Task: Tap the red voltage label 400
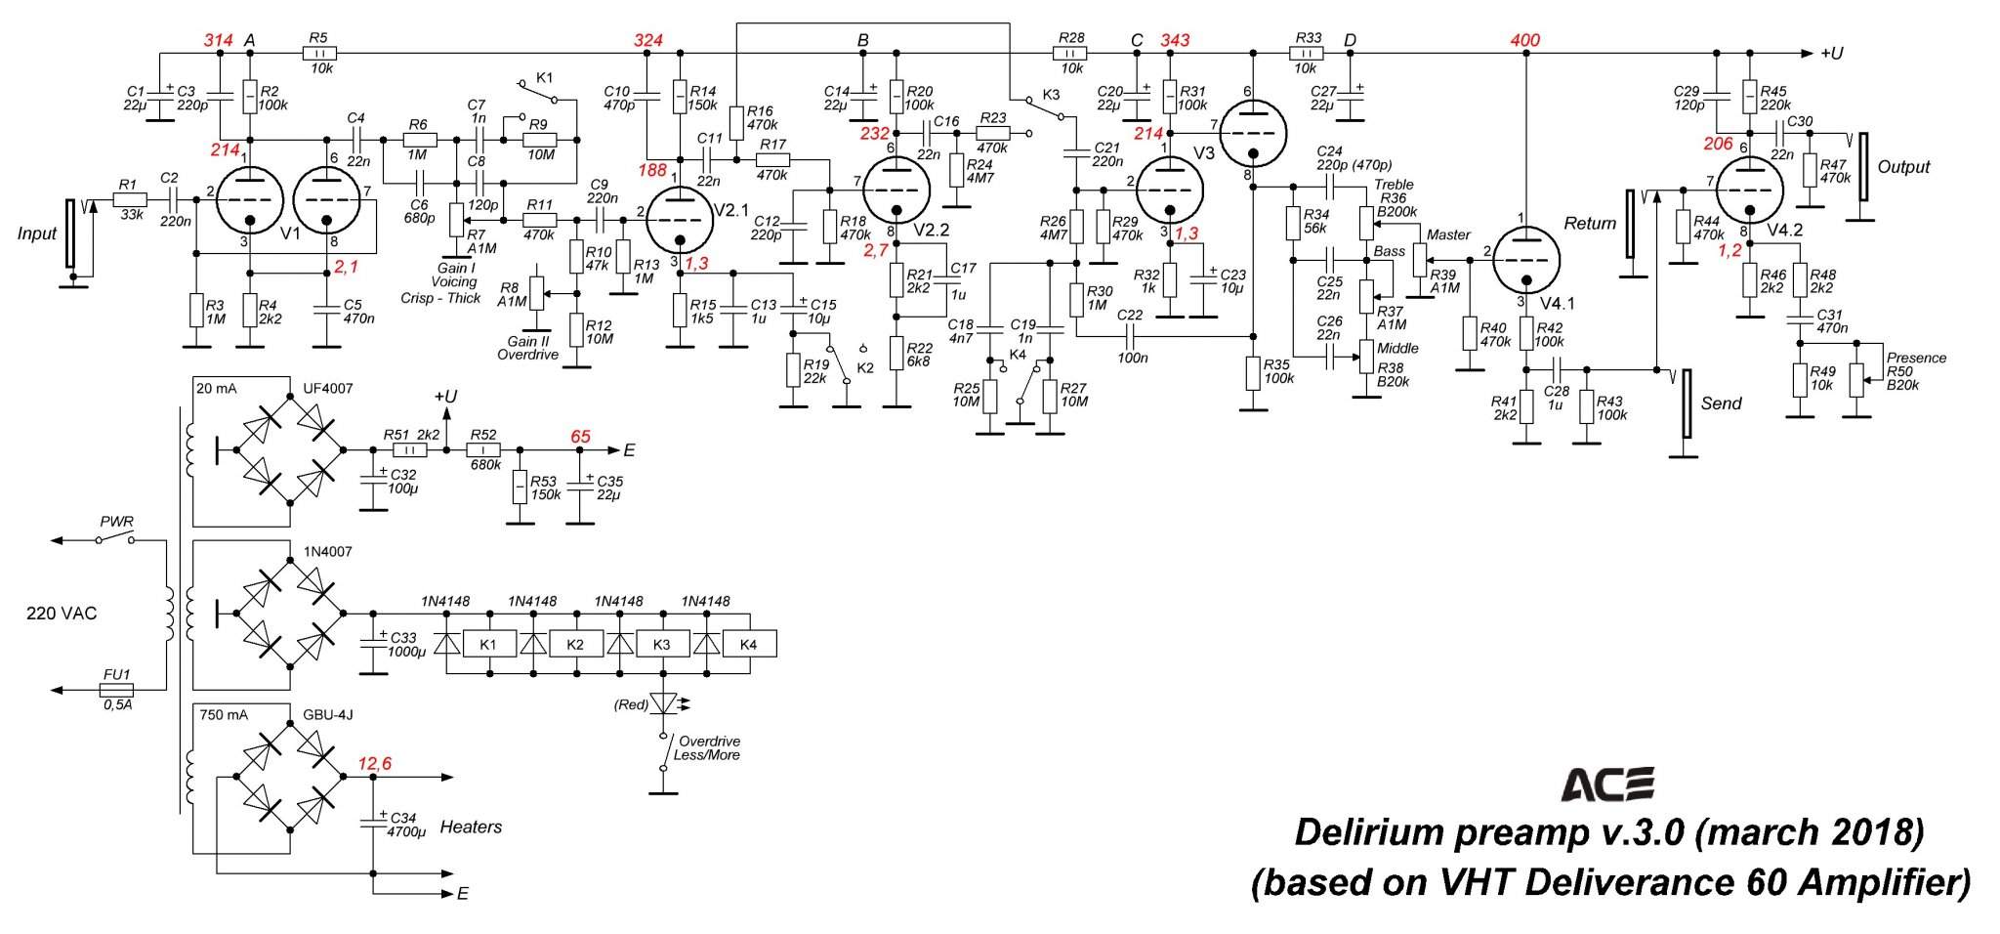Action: pos(1524,40)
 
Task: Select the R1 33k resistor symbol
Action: pos(129,199)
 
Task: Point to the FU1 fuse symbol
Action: pos(117,690)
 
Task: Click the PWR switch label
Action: pos(116,522)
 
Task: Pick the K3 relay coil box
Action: pos(661,645)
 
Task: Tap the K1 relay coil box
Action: pos(487,645)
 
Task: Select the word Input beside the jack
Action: pos(36,233)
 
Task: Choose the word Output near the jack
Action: pos(1903,167)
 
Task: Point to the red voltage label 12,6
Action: pos(374,764)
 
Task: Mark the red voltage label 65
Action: pos(581,437)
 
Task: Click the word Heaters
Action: pos(471,828)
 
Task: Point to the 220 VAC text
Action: pos(62,614)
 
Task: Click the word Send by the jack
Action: pos(1721,403)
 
